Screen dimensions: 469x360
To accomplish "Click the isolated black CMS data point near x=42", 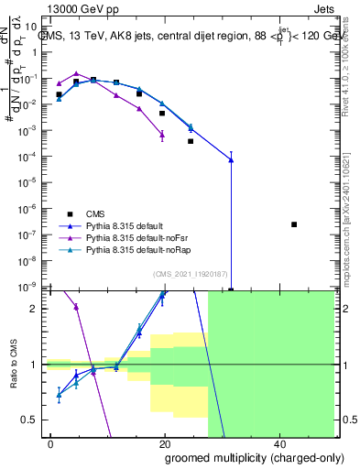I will click(294, 224).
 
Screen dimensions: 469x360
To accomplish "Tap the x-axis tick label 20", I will click(165, 442).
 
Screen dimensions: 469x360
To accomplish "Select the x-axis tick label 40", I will click(278, 442).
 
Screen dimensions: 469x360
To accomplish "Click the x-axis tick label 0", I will click(51, 442).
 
